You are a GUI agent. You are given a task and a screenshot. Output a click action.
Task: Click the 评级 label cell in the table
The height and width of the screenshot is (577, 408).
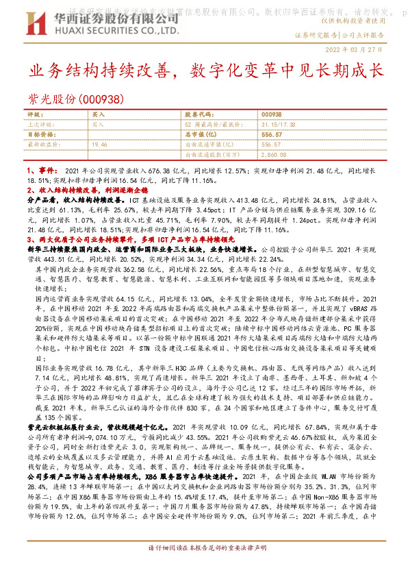(x=35, y=114)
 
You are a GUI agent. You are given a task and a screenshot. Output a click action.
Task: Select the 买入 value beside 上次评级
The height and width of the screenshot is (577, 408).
(x=98, y=125)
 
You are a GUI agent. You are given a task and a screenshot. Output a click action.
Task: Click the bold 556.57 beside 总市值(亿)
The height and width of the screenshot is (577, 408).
(x=272, y=135)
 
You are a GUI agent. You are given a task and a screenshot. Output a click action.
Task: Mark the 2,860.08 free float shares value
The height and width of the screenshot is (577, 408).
(x=274, y=156)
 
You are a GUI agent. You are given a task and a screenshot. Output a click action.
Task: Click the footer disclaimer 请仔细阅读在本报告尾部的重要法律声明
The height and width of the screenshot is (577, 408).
(x=203, y=568)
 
